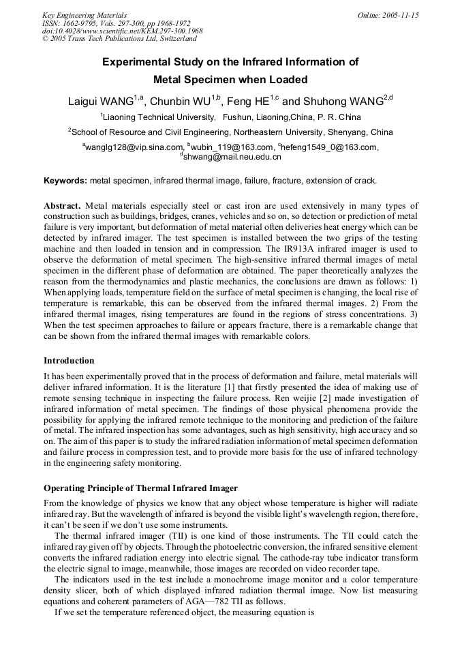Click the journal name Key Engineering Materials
tap(84, 14)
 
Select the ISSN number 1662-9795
tap(80, 23)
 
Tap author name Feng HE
tap(247, 102)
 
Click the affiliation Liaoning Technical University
tap(158, 117)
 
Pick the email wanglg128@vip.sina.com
tap(134, 147)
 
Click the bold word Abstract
tap(63, 205)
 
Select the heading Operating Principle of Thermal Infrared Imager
tap(140, 488)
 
